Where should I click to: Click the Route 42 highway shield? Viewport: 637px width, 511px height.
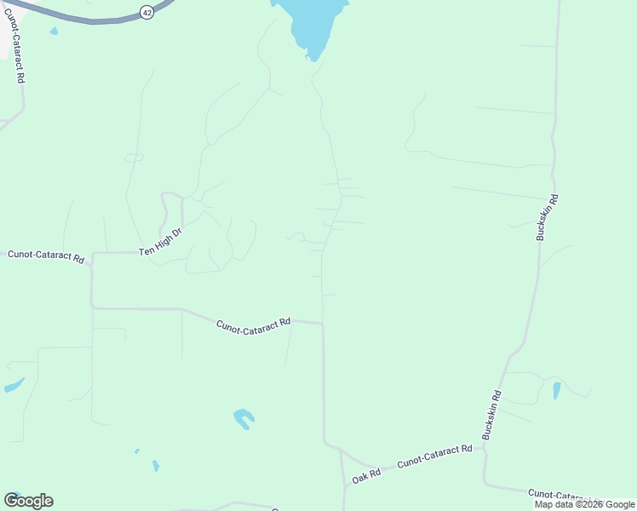147,13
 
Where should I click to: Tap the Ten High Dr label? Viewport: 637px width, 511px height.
162,242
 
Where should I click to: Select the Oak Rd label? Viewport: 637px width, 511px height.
366,477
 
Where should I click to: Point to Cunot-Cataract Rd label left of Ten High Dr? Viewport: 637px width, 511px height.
46,255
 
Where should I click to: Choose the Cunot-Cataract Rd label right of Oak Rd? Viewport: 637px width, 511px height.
434,456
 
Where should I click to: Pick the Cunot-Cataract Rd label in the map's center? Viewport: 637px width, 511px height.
254,324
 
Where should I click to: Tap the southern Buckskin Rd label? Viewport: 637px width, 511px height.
492,415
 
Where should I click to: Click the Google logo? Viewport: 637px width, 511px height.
29,501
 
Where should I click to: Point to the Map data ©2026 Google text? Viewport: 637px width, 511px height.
584,504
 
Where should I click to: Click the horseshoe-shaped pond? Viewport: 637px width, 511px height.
244,418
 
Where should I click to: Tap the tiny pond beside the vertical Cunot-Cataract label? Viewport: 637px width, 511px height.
54,32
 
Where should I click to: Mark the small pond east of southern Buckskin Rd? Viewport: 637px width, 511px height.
557,390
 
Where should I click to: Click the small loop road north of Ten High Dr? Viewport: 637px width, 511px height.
135,158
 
